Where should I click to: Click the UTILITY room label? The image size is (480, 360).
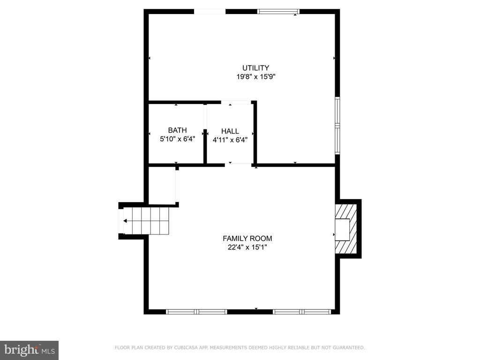point(255,68)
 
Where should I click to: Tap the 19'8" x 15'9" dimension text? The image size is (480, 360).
point(256,77)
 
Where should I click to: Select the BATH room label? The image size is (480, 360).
point(177,130)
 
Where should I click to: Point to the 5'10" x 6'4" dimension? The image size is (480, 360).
point(177,139)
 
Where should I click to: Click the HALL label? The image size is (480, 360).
point(230,131)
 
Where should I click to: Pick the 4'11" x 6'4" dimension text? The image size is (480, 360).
point(230,140)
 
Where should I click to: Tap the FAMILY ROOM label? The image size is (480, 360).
point(247,239)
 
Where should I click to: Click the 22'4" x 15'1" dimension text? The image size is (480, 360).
point(247,247)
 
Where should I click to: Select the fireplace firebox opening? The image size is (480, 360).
point(342,230)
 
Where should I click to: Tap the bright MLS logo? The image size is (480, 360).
point(29,350)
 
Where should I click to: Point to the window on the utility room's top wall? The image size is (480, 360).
point(278,12)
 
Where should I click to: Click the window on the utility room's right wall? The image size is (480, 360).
point(337,126)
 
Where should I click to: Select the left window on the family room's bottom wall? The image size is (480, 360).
point(196,312)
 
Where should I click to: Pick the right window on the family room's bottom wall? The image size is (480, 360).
point(302,312)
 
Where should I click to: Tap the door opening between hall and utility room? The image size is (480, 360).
point(236,102)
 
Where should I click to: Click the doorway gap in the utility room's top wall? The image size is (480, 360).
point(210,12)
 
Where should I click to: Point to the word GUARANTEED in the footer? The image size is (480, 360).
point(349,347)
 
